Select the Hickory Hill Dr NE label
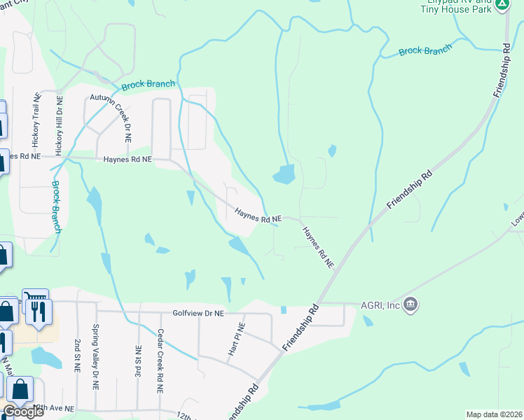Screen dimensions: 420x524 [x=60, y=125]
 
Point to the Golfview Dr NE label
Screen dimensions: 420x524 [x=198, y=313]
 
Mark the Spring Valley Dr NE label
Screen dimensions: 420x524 [x=96, y=357]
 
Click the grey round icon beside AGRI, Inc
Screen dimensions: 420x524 [x=411, y=304]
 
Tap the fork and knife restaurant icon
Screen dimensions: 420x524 [x=38, y=311]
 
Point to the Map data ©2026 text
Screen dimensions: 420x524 [x=494, y=414]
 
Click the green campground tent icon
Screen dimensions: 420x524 [x=502, y=5]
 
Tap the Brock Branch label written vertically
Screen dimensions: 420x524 [x=56, y=207]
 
